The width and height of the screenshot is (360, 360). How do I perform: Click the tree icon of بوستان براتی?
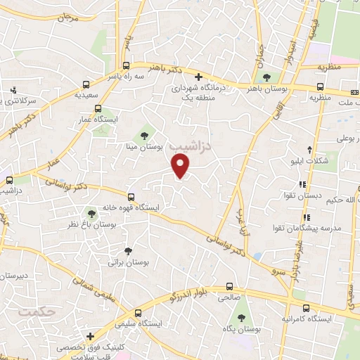(127, 250)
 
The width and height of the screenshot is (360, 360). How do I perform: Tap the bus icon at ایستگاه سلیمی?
(138, 312)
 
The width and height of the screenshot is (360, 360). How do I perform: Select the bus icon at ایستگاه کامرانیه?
(306, 307)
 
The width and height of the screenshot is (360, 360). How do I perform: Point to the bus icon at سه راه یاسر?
(127, 62)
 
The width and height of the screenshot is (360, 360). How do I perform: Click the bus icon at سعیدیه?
(86, 83)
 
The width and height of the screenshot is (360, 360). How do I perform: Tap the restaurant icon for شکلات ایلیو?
(310, 149)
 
